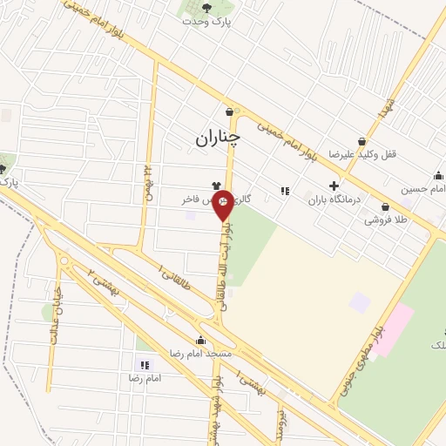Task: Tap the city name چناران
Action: (x=217, y=137)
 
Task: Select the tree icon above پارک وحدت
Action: (x=206, y=9)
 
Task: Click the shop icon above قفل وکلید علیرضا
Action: (x=362, y=141)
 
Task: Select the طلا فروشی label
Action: (x=388, y=220)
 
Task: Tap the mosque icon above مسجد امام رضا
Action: (x=202, y=341)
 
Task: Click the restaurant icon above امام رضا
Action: (x=145, y=365)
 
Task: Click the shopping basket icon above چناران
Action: (x=229, y=111)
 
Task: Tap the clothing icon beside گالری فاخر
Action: (x=214, y=185)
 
